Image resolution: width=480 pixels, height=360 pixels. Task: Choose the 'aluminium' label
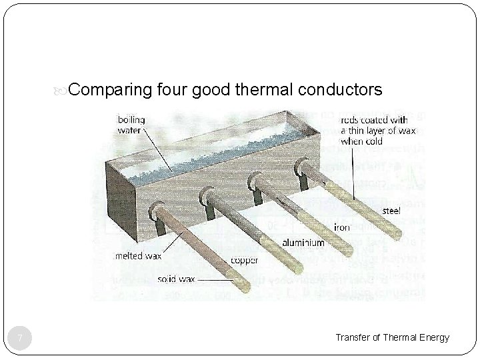[304, 243]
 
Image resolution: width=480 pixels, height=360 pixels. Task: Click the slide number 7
[21, 339]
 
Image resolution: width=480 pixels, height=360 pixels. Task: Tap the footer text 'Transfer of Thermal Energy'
[392, 338]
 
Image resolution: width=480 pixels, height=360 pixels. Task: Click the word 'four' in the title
[173, 89]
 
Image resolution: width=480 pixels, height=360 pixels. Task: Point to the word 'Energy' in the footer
[435, 338]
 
